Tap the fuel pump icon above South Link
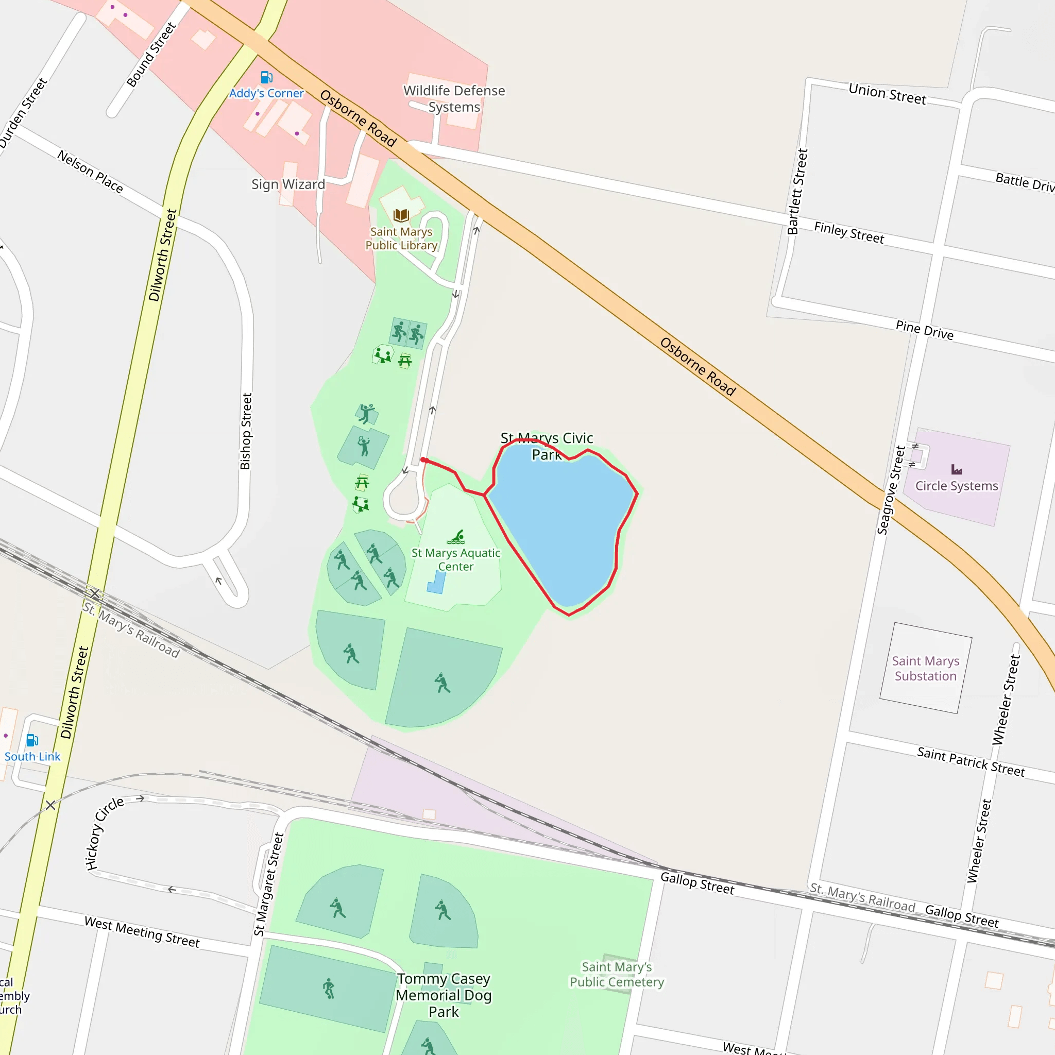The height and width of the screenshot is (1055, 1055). coord(32,740)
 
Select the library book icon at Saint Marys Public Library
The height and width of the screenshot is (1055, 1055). coord(401,215)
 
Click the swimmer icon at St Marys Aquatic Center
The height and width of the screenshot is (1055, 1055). coord(456,537)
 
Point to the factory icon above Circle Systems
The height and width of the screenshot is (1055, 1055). coord(957,470)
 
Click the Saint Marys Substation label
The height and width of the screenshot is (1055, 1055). coord(926,668)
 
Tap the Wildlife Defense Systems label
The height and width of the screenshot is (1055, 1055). coord(454,99)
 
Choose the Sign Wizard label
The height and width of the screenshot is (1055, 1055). coord(288,184)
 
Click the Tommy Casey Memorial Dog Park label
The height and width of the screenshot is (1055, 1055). coord(444,995)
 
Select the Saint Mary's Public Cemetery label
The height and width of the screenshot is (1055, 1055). coord(617,974)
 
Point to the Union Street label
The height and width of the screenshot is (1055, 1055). coord(888,94)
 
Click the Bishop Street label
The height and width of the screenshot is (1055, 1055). coord(246,431)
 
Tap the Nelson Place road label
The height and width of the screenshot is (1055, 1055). coord(90,172)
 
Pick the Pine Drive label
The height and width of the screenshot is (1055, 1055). coord(925,330)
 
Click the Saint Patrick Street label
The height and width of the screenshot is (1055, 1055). coord(971,762)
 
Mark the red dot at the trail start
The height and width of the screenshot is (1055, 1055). coord(424,461)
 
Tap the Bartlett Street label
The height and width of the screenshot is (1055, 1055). coord(797,191)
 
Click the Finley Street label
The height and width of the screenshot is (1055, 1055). coord(848,233)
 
